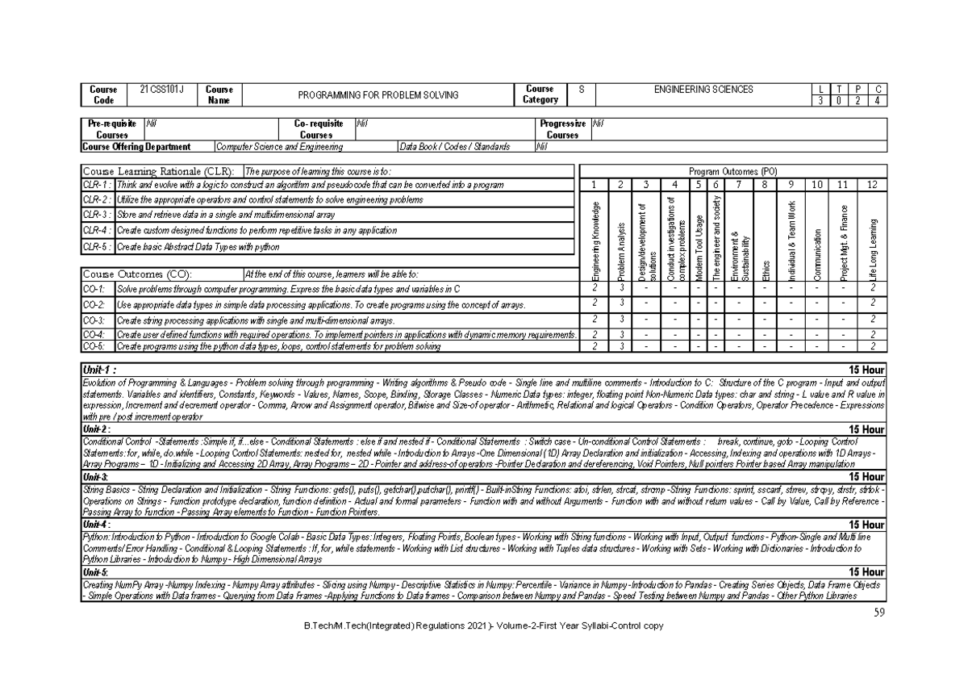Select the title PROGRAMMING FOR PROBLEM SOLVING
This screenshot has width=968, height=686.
378,94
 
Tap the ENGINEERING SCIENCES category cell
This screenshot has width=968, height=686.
704,89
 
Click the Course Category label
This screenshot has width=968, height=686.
540,94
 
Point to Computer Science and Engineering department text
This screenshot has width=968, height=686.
279,147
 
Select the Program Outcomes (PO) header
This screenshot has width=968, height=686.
733,171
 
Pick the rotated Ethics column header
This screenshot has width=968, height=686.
766,270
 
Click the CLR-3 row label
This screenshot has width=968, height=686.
97,215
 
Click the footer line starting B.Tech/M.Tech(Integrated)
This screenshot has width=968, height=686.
483,626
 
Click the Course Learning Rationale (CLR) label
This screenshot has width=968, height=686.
159,171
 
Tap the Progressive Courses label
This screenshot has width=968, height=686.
562,129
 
